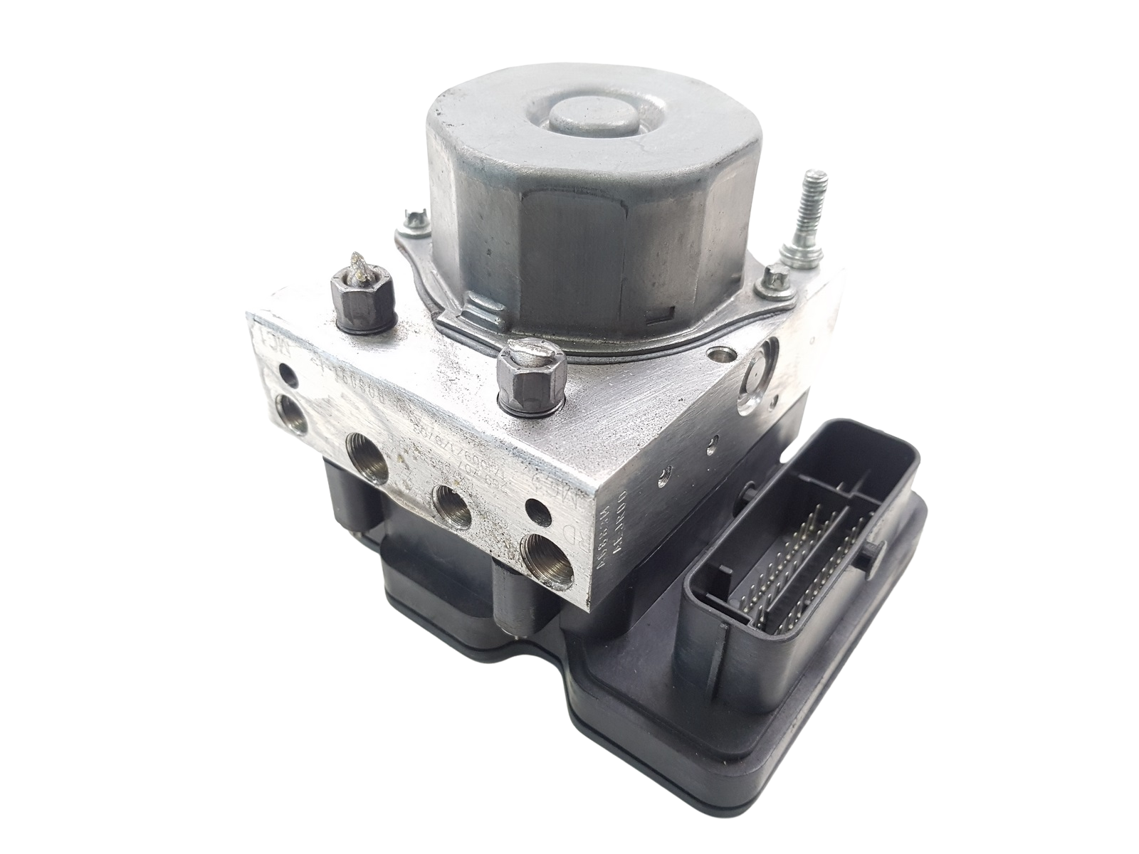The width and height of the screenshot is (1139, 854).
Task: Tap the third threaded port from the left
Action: click(453, 506)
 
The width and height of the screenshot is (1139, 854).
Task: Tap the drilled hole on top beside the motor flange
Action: click(717, 354)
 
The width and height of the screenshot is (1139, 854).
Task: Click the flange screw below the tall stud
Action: click(772, 280)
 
